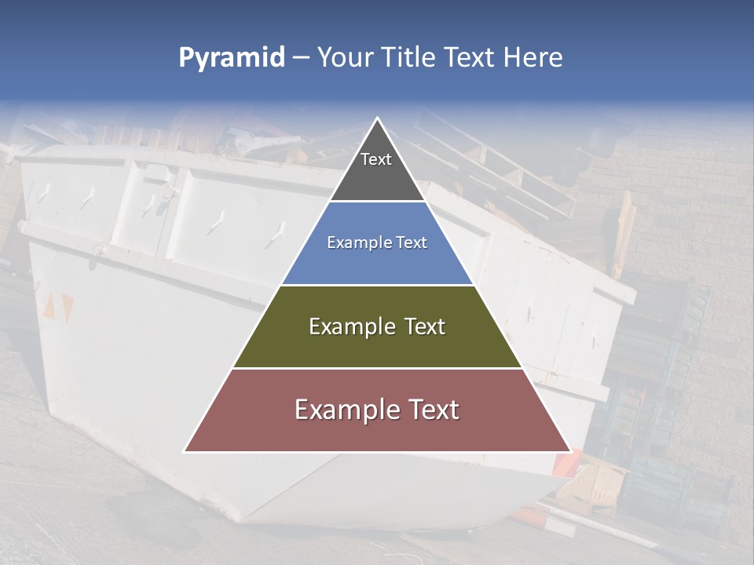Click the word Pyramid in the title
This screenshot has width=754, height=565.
(231, 58)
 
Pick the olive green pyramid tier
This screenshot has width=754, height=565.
(377, 345)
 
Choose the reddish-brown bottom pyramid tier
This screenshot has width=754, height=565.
(377, 432)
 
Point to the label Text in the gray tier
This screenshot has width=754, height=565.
(376, 159)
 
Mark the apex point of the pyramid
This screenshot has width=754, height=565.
(377, 118)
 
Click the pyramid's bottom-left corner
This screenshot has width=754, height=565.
(185, 451)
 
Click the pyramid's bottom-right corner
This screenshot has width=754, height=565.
(570, 451)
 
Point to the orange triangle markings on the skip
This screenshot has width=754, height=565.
(58, 308)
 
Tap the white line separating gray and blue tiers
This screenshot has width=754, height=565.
(377, 202)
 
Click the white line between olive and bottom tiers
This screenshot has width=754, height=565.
(377, 368)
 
